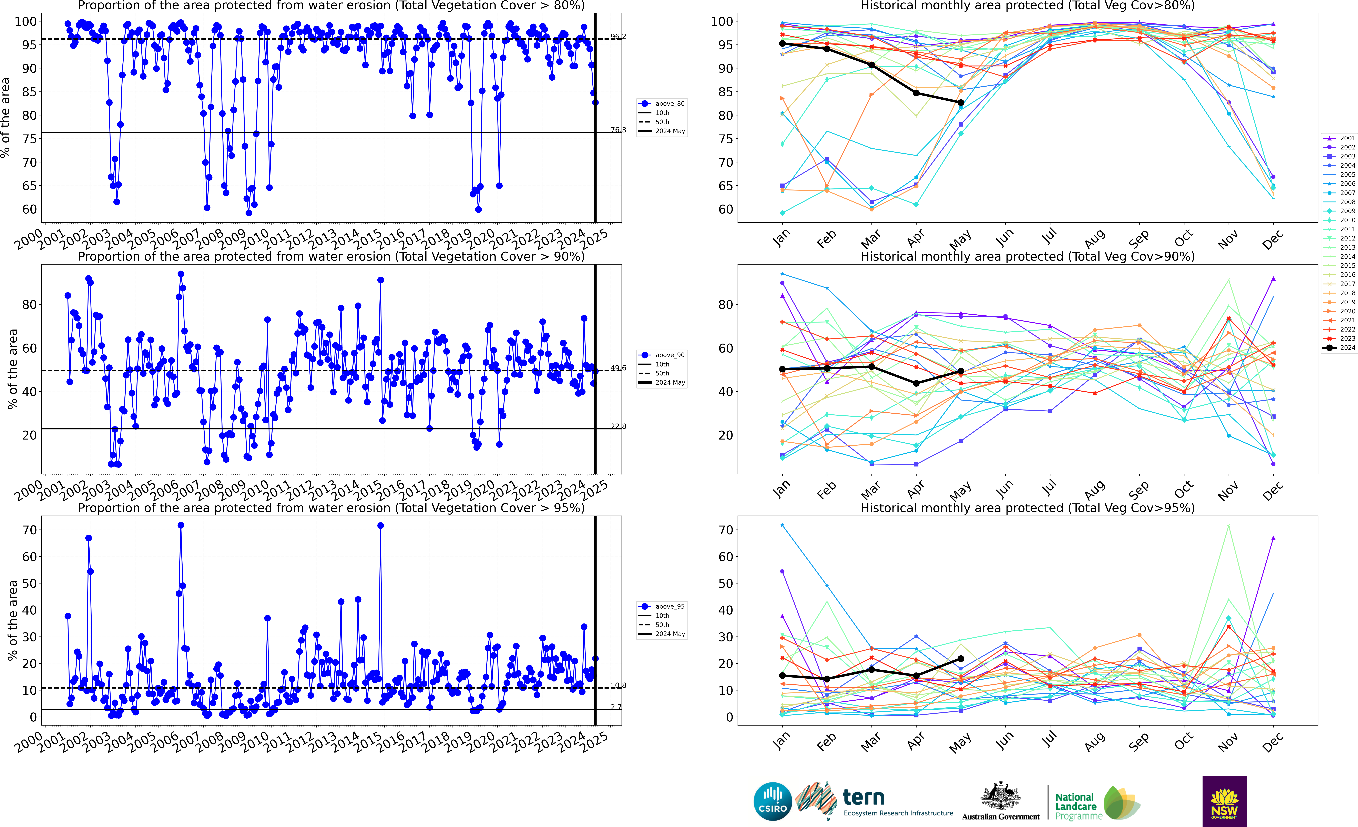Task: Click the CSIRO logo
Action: (773, 801)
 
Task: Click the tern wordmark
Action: (864, 797)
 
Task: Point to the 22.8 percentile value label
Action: (618, 426)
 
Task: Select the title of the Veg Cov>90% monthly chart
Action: (1027, 256)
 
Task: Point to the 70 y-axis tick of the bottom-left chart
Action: (30, 530)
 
